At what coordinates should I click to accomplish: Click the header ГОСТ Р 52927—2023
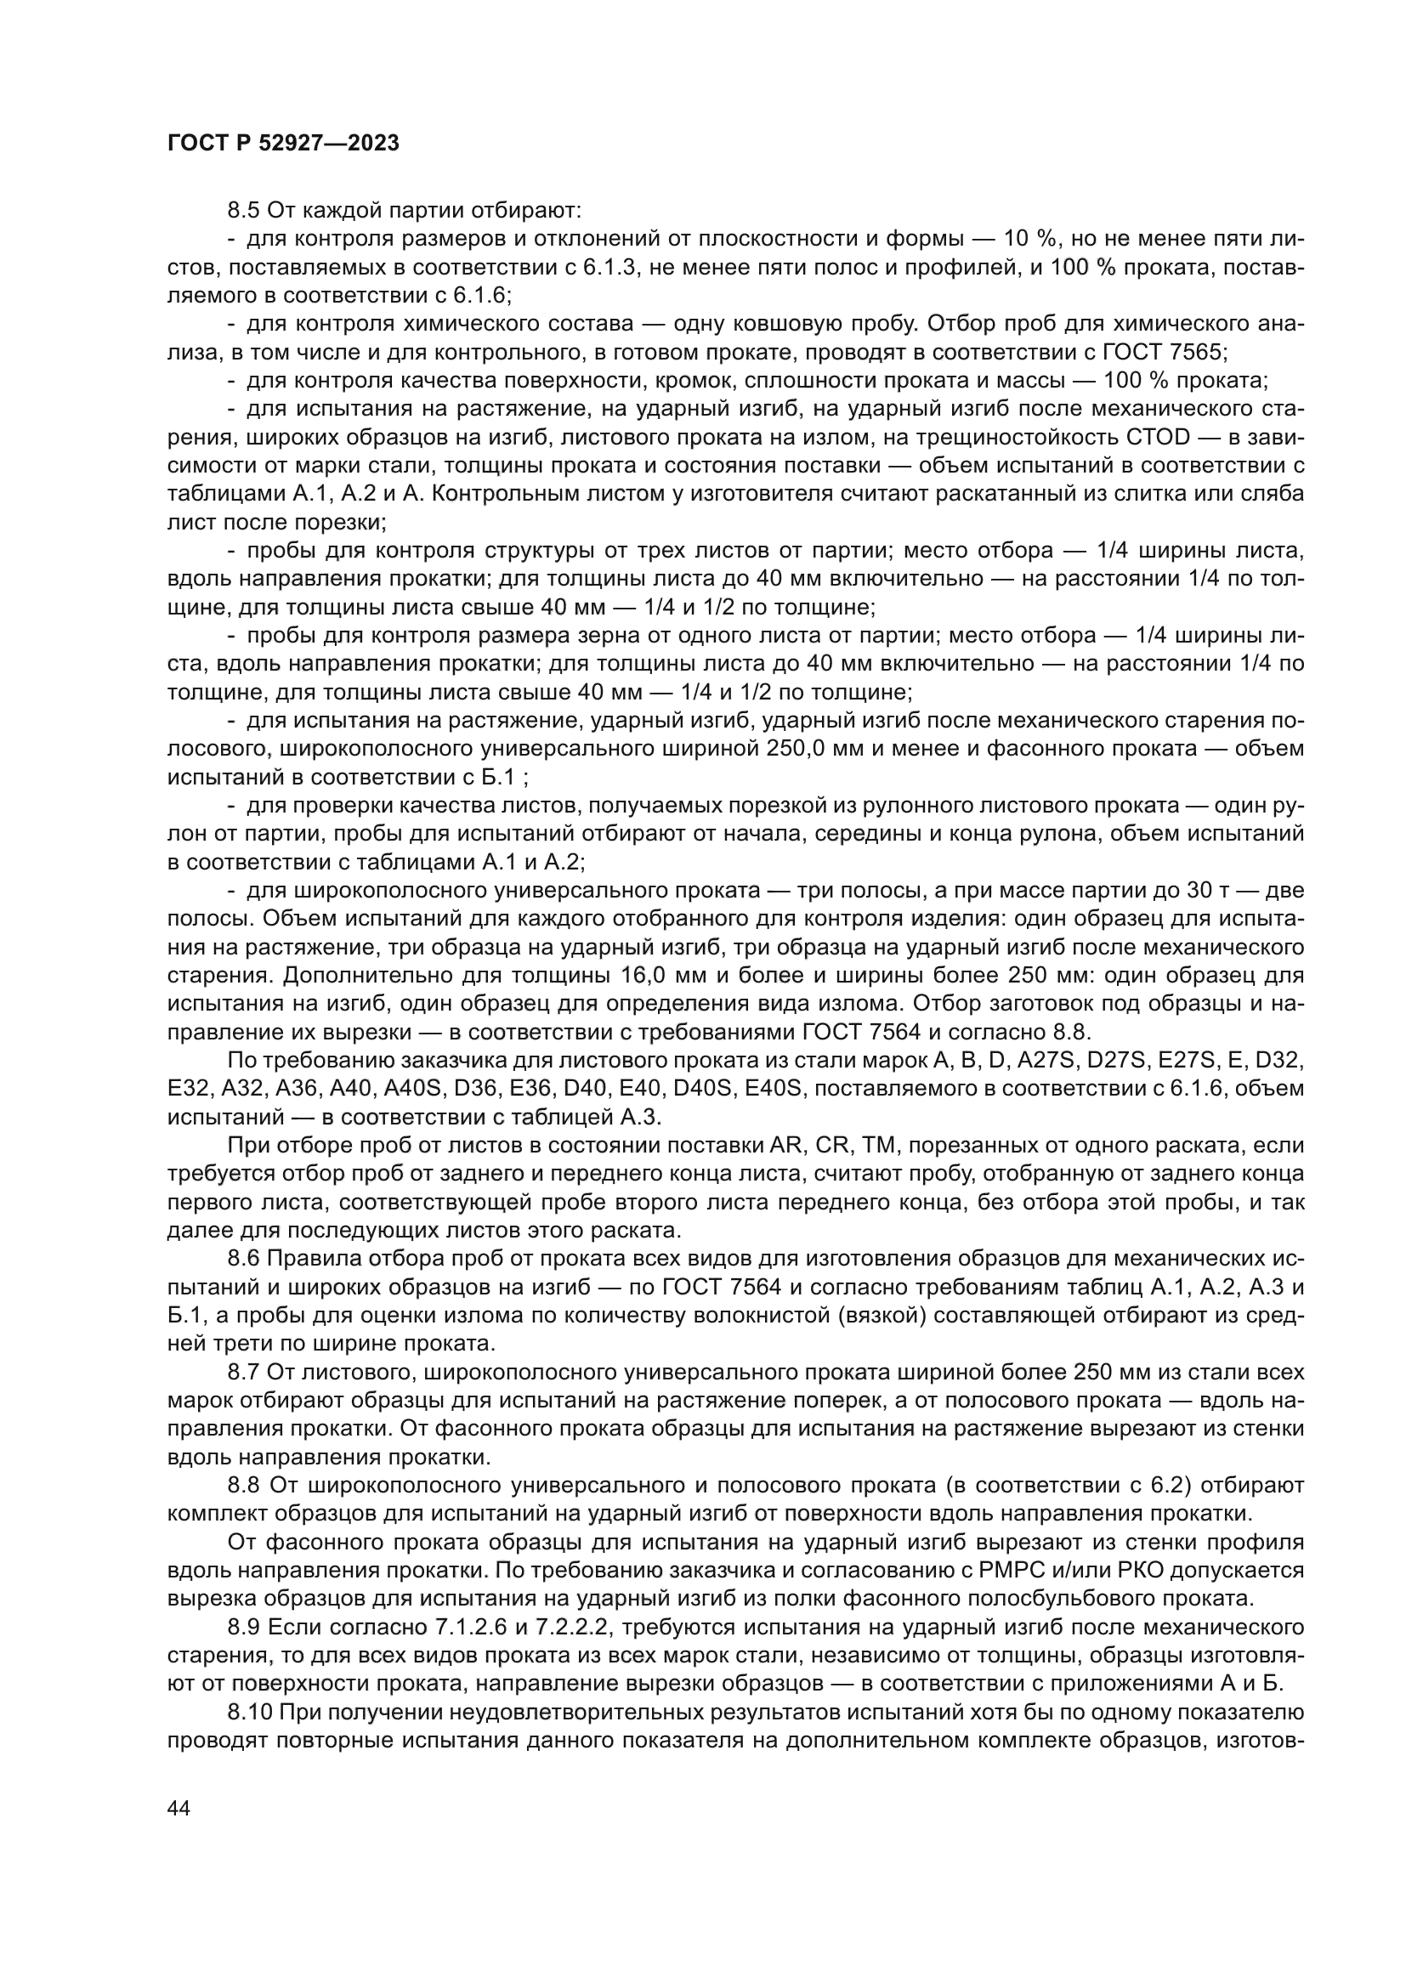coord(283,144)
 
